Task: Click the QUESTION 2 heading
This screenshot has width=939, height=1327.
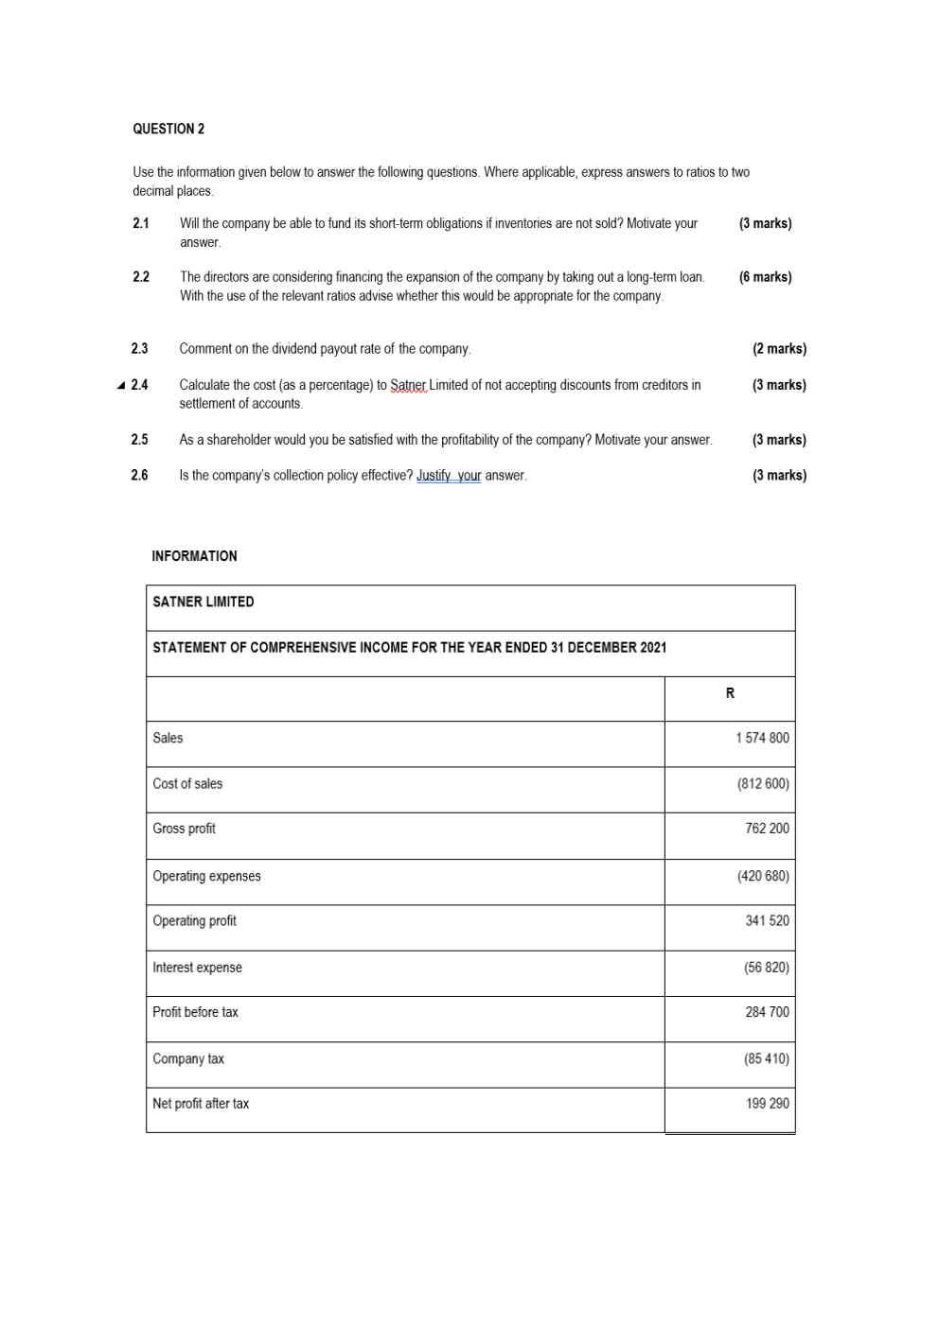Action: [168, 129]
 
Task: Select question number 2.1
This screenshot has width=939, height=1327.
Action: [141, 223]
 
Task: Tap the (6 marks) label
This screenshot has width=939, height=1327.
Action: [765, 277]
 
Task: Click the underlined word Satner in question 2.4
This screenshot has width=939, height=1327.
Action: [409, 385]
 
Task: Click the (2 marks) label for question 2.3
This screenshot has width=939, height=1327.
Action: [779, 349]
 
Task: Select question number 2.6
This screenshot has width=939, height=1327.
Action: [139, 475]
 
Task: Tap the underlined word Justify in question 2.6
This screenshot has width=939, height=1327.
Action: [434, 475]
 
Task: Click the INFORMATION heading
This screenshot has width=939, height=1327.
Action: [194, 556]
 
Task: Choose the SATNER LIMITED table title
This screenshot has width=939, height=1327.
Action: [203, 602]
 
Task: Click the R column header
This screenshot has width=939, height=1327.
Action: [730, 693]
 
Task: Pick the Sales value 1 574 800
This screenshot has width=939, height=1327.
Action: [762, 738]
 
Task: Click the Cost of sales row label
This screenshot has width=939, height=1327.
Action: [187, 783]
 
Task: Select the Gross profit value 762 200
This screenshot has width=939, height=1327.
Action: [767, 829]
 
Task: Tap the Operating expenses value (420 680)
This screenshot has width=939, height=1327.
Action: [763, 876]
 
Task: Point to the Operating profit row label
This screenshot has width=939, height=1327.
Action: [194, 920]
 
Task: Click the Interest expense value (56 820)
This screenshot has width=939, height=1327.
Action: [766, 967]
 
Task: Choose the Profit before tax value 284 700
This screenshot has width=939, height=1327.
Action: [767, 1012]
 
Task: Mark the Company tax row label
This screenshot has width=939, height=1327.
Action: [188, 1058]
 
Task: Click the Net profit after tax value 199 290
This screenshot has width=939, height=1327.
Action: [767, 1103]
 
